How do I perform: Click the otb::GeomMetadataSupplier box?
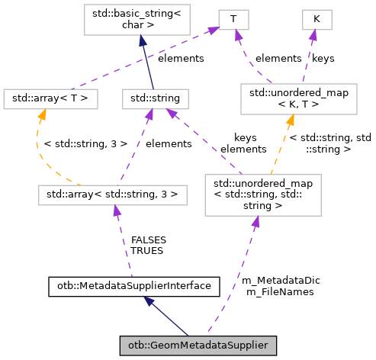(x=198, y=346)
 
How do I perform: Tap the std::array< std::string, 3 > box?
(x=112, y=194)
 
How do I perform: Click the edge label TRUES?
(x=147, y=249)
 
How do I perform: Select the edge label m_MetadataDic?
(x=280, y=280)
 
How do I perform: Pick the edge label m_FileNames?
(x=275, y=291)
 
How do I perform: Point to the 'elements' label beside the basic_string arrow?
(x=180, y=57)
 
